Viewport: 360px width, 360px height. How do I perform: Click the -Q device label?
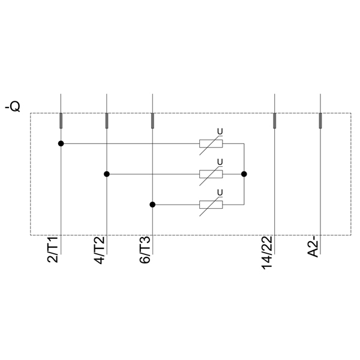tap(12, 107)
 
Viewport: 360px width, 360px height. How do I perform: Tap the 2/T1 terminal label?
tap(53, 250)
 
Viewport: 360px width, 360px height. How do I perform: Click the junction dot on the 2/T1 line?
tap(61, 143)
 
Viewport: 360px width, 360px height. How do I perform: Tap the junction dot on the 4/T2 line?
tap(107, 174)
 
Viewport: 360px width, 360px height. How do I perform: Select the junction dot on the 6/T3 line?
tap(152, 205)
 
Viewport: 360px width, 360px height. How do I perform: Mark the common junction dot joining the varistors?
tap(244, 174)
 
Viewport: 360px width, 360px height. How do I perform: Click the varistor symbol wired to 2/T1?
tap(211, 143)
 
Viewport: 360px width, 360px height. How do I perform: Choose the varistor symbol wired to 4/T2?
tap(211, 174)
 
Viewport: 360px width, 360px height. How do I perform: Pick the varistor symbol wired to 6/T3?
tap(211, 205)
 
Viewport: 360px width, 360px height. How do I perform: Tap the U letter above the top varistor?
tap(220, 131)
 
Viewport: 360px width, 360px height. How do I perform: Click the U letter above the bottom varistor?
tap(220, 192)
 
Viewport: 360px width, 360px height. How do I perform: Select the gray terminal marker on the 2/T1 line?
tap(61, 121)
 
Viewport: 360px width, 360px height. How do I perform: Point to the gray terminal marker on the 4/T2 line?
tap(107, 121)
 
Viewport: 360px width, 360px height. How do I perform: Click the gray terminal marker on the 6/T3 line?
tap(152, 121)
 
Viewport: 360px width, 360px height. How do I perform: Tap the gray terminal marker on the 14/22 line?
tap(275, 121)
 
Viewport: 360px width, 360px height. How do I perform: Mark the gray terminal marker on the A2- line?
tap(320, 121)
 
